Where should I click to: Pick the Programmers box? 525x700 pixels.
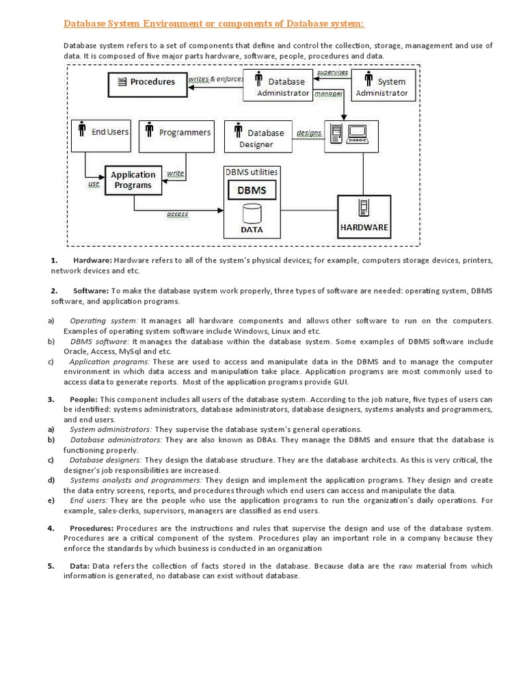tap(176, 135)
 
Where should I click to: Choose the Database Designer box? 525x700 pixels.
tap(258, 137)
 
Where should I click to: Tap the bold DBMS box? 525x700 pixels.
tap(252, 191)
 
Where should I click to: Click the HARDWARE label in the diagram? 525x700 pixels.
tap(364, 227)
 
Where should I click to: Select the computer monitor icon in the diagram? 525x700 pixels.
tap(358, 132)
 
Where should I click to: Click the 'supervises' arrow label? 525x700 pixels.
tap(333, 72)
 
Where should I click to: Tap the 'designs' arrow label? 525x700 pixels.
tap(308, 132)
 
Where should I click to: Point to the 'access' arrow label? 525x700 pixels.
tap(178, 215)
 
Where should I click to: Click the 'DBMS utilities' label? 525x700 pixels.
tap(252, 172)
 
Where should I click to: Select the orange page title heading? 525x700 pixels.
tap(214, 24)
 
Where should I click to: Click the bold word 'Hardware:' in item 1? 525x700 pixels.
tap(92, 260)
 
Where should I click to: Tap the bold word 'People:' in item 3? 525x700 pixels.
tap(84, 399)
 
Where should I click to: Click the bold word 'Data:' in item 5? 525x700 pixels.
tap(80, 566)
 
